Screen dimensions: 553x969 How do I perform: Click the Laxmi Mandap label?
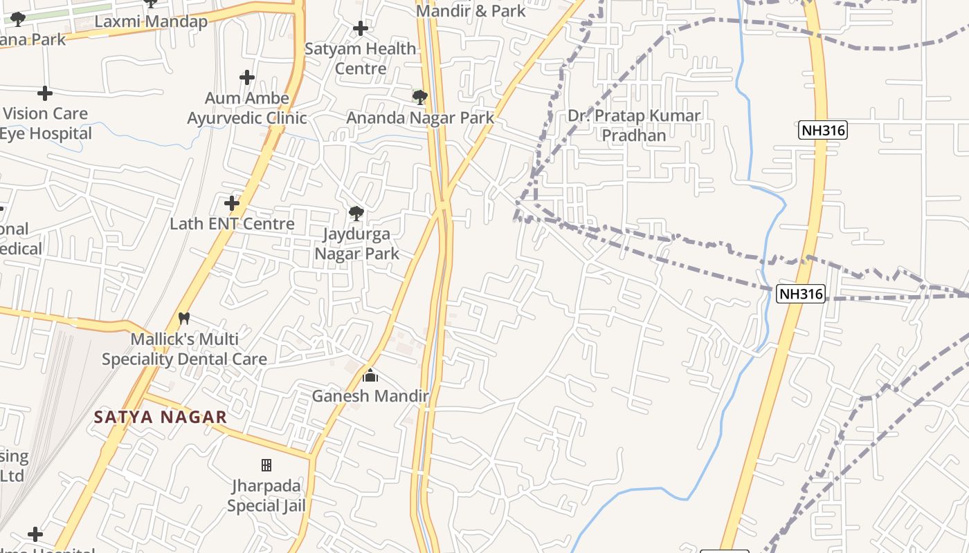click(151, 21)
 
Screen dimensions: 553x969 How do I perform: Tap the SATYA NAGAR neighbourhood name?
click(161, 417)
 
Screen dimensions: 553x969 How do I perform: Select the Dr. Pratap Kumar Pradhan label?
click(634, 125)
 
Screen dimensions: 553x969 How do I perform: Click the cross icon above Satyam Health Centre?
click(360, 28)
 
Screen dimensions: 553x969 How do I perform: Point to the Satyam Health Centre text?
click(361, 59)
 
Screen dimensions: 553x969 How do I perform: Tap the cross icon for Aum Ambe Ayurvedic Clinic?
click(246, 77)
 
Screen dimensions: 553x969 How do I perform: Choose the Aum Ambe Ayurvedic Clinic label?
click(247, 109)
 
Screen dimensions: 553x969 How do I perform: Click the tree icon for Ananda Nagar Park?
click(419, 97)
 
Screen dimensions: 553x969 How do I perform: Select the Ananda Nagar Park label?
click(420, 118)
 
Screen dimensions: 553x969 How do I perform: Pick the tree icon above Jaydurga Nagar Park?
click(356, 213)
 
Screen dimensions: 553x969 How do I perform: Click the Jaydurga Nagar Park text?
click(357, 244)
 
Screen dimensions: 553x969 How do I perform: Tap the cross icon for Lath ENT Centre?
click(232, 203)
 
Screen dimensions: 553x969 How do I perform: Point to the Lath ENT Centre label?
click(233, 224)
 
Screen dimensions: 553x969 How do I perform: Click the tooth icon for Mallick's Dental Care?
click(184, 319)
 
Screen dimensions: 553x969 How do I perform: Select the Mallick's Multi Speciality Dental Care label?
click(184, 349)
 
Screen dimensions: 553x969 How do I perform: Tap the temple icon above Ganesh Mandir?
click(370, 376)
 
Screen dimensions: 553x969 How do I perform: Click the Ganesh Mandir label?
click(370, 396)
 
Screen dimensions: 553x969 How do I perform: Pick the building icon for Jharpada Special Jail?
click(266, 465)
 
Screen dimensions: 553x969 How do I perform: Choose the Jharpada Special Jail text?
click(266, 496)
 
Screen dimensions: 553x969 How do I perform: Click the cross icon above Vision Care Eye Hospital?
click(45, 93)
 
